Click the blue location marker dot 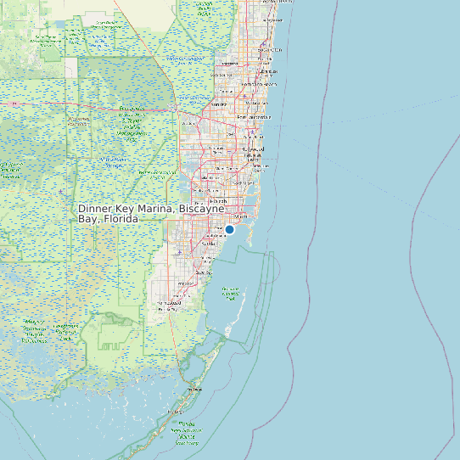click(229, 229)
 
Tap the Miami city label click(240, 216)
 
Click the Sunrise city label click(217, 104)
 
